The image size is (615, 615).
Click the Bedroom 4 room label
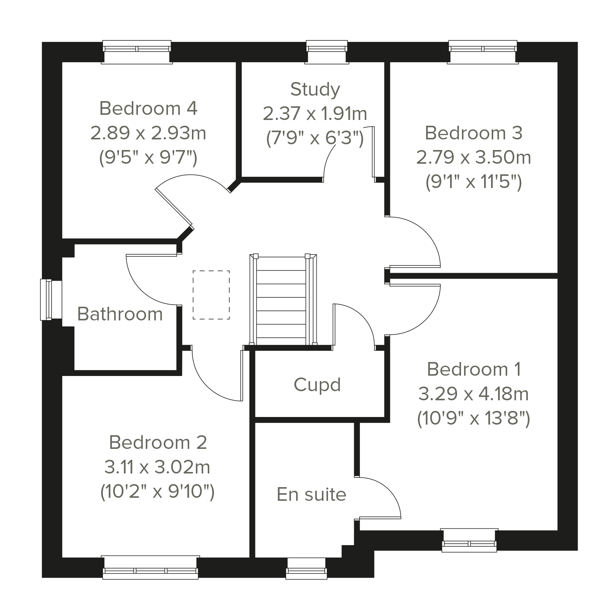pyautogui.click(x=148, y=108)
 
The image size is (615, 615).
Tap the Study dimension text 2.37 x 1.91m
pyautogui.click(x=315, y=114)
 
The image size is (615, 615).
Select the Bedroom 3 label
pyautogui.click(x=474, y=133)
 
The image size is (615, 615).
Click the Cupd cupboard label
pyautogui.click(x=317, y=384)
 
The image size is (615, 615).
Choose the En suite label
pyautogui.click(x=311, y=494)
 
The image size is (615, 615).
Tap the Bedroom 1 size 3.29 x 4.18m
pyautogui.click(x=474, y=394)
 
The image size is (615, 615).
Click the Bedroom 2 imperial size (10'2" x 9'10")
pyautogui.click(x=157, y=492)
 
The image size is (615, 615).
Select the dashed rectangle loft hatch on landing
pyautogui.click(x=211, y=295)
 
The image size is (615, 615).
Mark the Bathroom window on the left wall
pyautogui.click(x=51, y=299)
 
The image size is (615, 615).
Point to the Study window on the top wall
pyautogui.click(x=326, y=52)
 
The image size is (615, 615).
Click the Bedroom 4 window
pyautogui.click(x=137, y=52)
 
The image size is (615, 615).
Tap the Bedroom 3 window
pyautogui.click(x=483, y=52)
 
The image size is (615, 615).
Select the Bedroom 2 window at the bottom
pyautogui.click(x=150, y=568)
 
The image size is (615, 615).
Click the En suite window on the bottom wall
pyautogui.click(x=306, y=569)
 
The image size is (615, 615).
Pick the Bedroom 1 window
pyautogui.click(x=469, y=540)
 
